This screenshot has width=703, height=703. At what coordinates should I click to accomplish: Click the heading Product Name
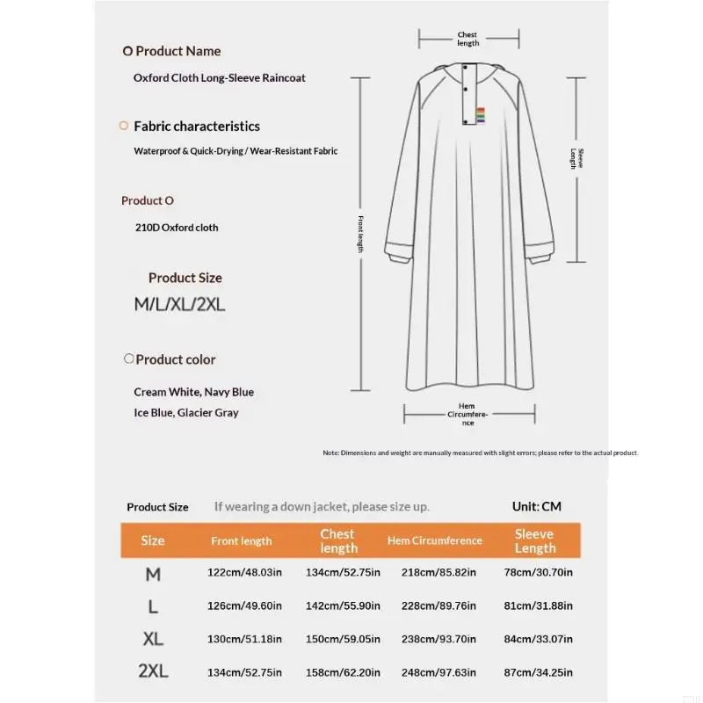click(x=178, y=51)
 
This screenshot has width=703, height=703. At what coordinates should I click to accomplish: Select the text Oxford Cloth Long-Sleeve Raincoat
click(x=220, y=77)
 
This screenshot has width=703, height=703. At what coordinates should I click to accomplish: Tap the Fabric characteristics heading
click(x=197, y=127)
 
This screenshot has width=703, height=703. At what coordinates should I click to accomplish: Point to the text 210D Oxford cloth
click(x=176, y=228)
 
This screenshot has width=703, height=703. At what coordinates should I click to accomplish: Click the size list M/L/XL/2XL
click(x=179, y=305)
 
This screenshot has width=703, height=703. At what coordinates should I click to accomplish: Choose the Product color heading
click(x=175, y=359)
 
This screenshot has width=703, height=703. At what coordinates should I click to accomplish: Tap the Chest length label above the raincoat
click(x=467, y=39)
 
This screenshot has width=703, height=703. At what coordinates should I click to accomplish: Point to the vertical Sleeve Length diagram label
click(x=576, y=159)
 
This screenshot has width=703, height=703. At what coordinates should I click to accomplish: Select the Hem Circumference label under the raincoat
click(x=467, y=414)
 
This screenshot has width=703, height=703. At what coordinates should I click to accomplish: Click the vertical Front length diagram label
click(x=360, y=234)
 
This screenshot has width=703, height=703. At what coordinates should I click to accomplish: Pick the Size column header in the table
click(x=153, y=540)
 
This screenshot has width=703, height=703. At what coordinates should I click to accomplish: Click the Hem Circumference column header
click(x=434, y=540)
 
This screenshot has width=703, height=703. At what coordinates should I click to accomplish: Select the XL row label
click(x=153, y=639)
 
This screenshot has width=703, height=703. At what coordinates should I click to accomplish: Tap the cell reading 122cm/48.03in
click(x=244, y=573)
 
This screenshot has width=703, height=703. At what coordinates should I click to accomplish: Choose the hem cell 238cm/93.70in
click(x=438, y=639)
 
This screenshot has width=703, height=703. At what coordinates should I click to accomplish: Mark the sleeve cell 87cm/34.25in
click(x=538, y=672)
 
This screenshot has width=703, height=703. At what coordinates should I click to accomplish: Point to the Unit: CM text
click(x=536, y=507)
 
